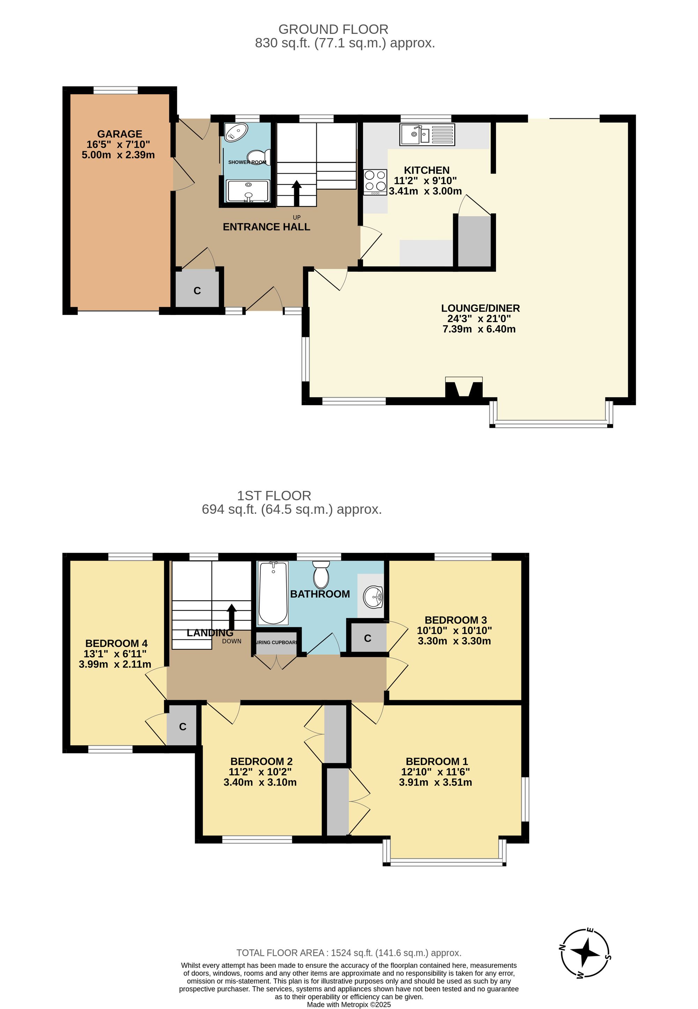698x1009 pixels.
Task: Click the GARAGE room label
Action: click(119, 134)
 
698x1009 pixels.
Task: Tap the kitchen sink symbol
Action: click(427, 134)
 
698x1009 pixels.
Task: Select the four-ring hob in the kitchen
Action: click(375, 182)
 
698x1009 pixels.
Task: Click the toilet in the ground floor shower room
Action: click(259, 157)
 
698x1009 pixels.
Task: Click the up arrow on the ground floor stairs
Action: click(297, 192)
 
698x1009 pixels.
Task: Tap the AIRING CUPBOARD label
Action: click(276, 642)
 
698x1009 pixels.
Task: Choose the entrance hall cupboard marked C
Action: click(197, 291)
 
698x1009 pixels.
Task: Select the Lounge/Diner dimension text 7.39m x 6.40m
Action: click(479, 329)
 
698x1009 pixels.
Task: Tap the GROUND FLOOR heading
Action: click(333, 29)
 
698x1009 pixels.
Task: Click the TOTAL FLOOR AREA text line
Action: click(349, 952)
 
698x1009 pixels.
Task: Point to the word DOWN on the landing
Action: click(231, 641)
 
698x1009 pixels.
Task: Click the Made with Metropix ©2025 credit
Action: click(349, 1004)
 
